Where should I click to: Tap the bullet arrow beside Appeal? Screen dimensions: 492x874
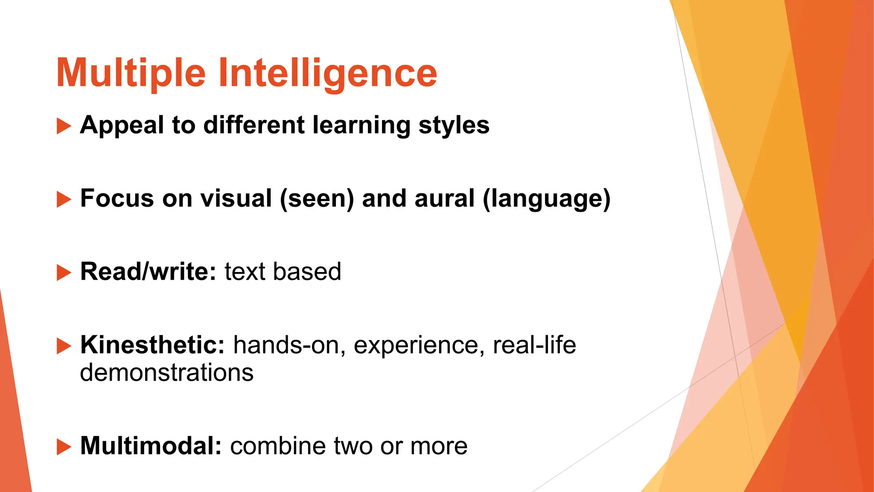64,126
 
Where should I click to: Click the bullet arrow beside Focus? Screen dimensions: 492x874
64,199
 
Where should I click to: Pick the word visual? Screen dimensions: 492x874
236,199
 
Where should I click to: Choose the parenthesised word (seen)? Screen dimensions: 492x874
317,199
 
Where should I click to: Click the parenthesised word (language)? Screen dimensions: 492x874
547,199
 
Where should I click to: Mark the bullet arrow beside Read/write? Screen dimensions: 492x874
64,272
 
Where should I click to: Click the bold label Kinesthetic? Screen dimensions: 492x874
152,345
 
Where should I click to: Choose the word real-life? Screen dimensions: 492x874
534,345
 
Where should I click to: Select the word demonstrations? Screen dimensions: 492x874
167,372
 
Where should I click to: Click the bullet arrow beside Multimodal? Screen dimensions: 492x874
64,447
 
